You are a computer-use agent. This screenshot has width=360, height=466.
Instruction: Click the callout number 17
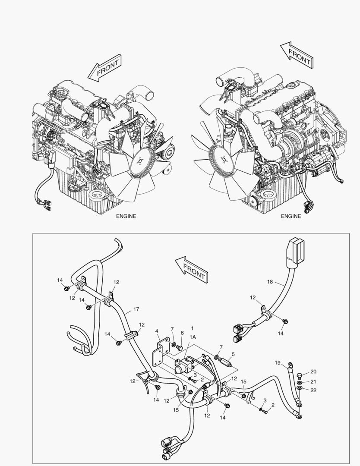136,309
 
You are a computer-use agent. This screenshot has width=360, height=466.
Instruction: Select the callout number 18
270,282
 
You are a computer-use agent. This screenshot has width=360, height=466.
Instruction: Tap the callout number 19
278,363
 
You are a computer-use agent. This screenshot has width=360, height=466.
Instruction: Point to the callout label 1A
192,337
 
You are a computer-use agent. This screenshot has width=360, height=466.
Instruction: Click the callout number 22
313,390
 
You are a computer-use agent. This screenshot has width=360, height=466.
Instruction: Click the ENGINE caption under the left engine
126,216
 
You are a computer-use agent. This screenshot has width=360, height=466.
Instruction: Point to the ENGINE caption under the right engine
291,216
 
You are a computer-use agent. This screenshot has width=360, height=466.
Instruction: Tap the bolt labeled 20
300,373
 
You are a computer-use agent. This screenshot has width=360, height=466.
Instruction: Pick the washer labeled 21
300,382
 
